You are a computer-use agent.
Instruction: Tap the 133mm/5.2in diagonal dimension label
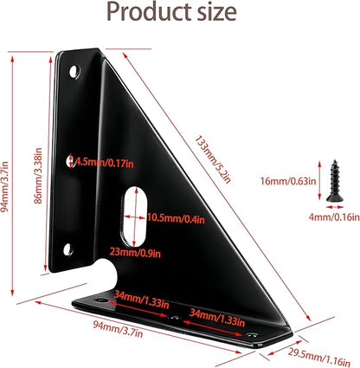[x=213, y=159]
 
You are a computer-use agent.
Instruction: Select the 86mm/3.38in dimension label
[x=38, y=176]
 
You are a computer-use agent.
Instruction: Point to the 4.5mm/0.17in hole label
[x=104, y=163]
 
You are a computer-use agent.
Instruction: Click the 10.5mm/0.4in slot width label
[x=176, y=218]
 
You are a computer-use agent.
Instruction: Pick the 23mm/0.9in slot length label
[x=135, y=253]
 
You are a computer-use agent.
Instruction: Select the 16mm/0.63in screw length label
[x=288, y=181]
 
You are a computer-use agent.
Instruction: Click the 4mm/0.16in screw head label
[x=334, y=216]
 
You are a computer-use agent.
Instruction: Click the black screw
[x=335, y=181]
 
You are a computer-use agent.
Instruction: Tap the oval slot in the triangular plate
[x=134, y=216]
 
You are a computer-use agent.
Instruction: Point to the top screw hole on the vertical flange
[x=74, y=71]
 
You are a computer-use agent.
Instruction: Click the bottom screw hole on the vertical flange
[x=68, y=249]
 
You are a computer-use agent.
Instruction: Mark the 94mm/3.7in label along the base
[x=118, y=329]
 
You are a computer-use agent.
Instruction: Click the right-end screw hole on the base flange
[x=252, y=335]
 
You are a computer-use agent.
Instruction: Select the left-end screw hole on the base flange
[x=101, y=300]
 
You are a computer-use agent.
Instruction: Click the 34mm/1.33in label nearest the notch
[x=141, y=300]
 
